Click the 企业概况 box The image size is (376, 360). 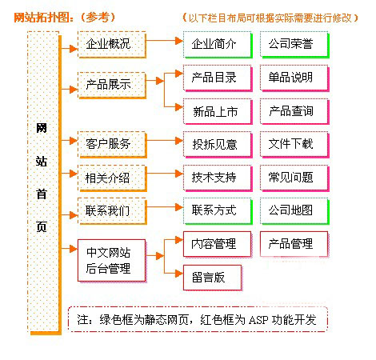click(x=112, y=45)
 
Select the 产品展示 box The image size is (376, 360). click(x=112, y=86)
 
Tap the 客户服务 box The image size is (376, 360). click(x=112, y=145)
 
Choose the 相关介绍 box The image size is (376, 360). click(x=112, y=178)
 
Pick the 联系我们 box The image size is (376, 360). click(x=112, y=211)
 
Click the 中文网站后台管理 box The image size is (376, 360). click(x=112, y=261)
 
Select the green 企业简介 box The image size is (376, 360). click(x=218, y=45)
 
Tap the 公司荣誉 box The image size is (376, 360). click(x=294, y=45)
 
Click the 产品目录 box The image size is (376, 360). click(x=218, y=78)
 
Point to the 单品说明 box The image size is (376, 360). click(x=294, y=78)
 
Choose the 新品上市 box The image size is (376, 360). click(x=218, y=111)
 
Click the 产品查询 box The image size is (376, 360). click(x=294, y=111)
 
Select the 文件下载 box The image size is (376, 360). click(x=294, y=145)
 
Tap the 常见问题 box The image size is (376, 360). click(x=294, y=178)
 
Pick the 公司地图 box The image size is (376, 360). click(x=294, y=211)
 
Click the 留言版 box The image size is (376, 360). click(x=213, y=278)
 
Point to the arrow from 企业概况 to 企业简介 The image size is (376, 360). click(x=165, y=41)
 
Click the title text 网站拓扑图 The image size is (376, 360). click(x=43, y=18)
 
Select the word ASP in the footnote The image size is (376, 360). click(x=258, y=320)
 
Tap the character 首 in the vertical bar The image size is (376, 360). click(x=42, y=194)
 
